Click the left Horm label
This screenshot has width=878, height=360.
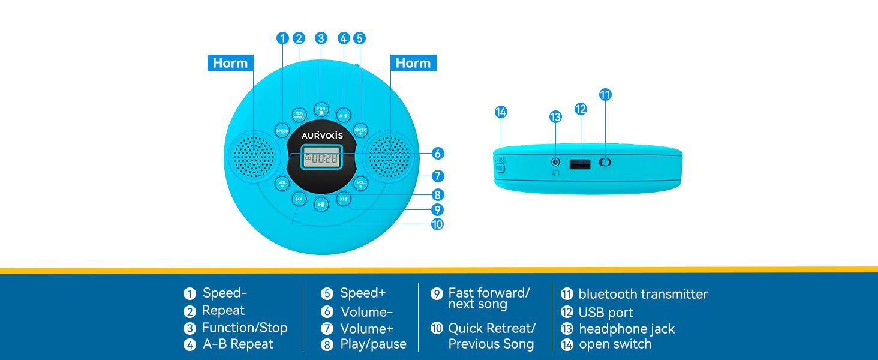pos(230,63)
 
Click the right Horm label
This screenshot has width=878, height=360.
pos(413,63)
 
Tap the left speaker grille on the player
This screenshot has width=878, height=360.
pos(254,157)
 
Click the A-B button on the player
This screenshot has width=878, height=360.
pos(343,115)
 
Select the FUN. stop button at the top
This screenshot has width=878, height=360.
pos(321,110)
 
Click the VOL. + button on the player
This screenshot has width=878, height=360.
pos(361,183)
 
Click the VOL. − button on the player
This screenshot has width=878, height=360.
pos(282,183)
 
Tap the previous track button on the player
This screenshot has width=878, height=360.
pos(299,199)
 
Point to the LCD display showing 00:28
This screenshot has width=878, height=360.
pos(321,158)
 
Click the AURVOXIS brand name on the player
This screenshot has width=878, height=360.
pos(322,136)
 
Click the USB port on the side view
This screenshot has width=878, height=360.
pos(579,163)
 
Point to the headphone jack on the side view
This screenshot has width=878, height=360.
pos(555,162)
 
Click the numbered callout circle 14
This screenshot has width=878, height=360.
pos(501,112)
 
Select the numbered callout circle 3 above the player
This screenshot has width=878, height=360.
pos(321,38)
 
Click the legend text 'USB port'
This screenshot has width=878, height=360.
pos(605,313)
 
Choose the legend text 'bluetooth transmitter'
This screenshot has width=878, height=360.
pos(643,294)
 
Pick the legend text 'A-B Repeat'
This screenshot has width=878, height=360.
pos(238,344)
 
